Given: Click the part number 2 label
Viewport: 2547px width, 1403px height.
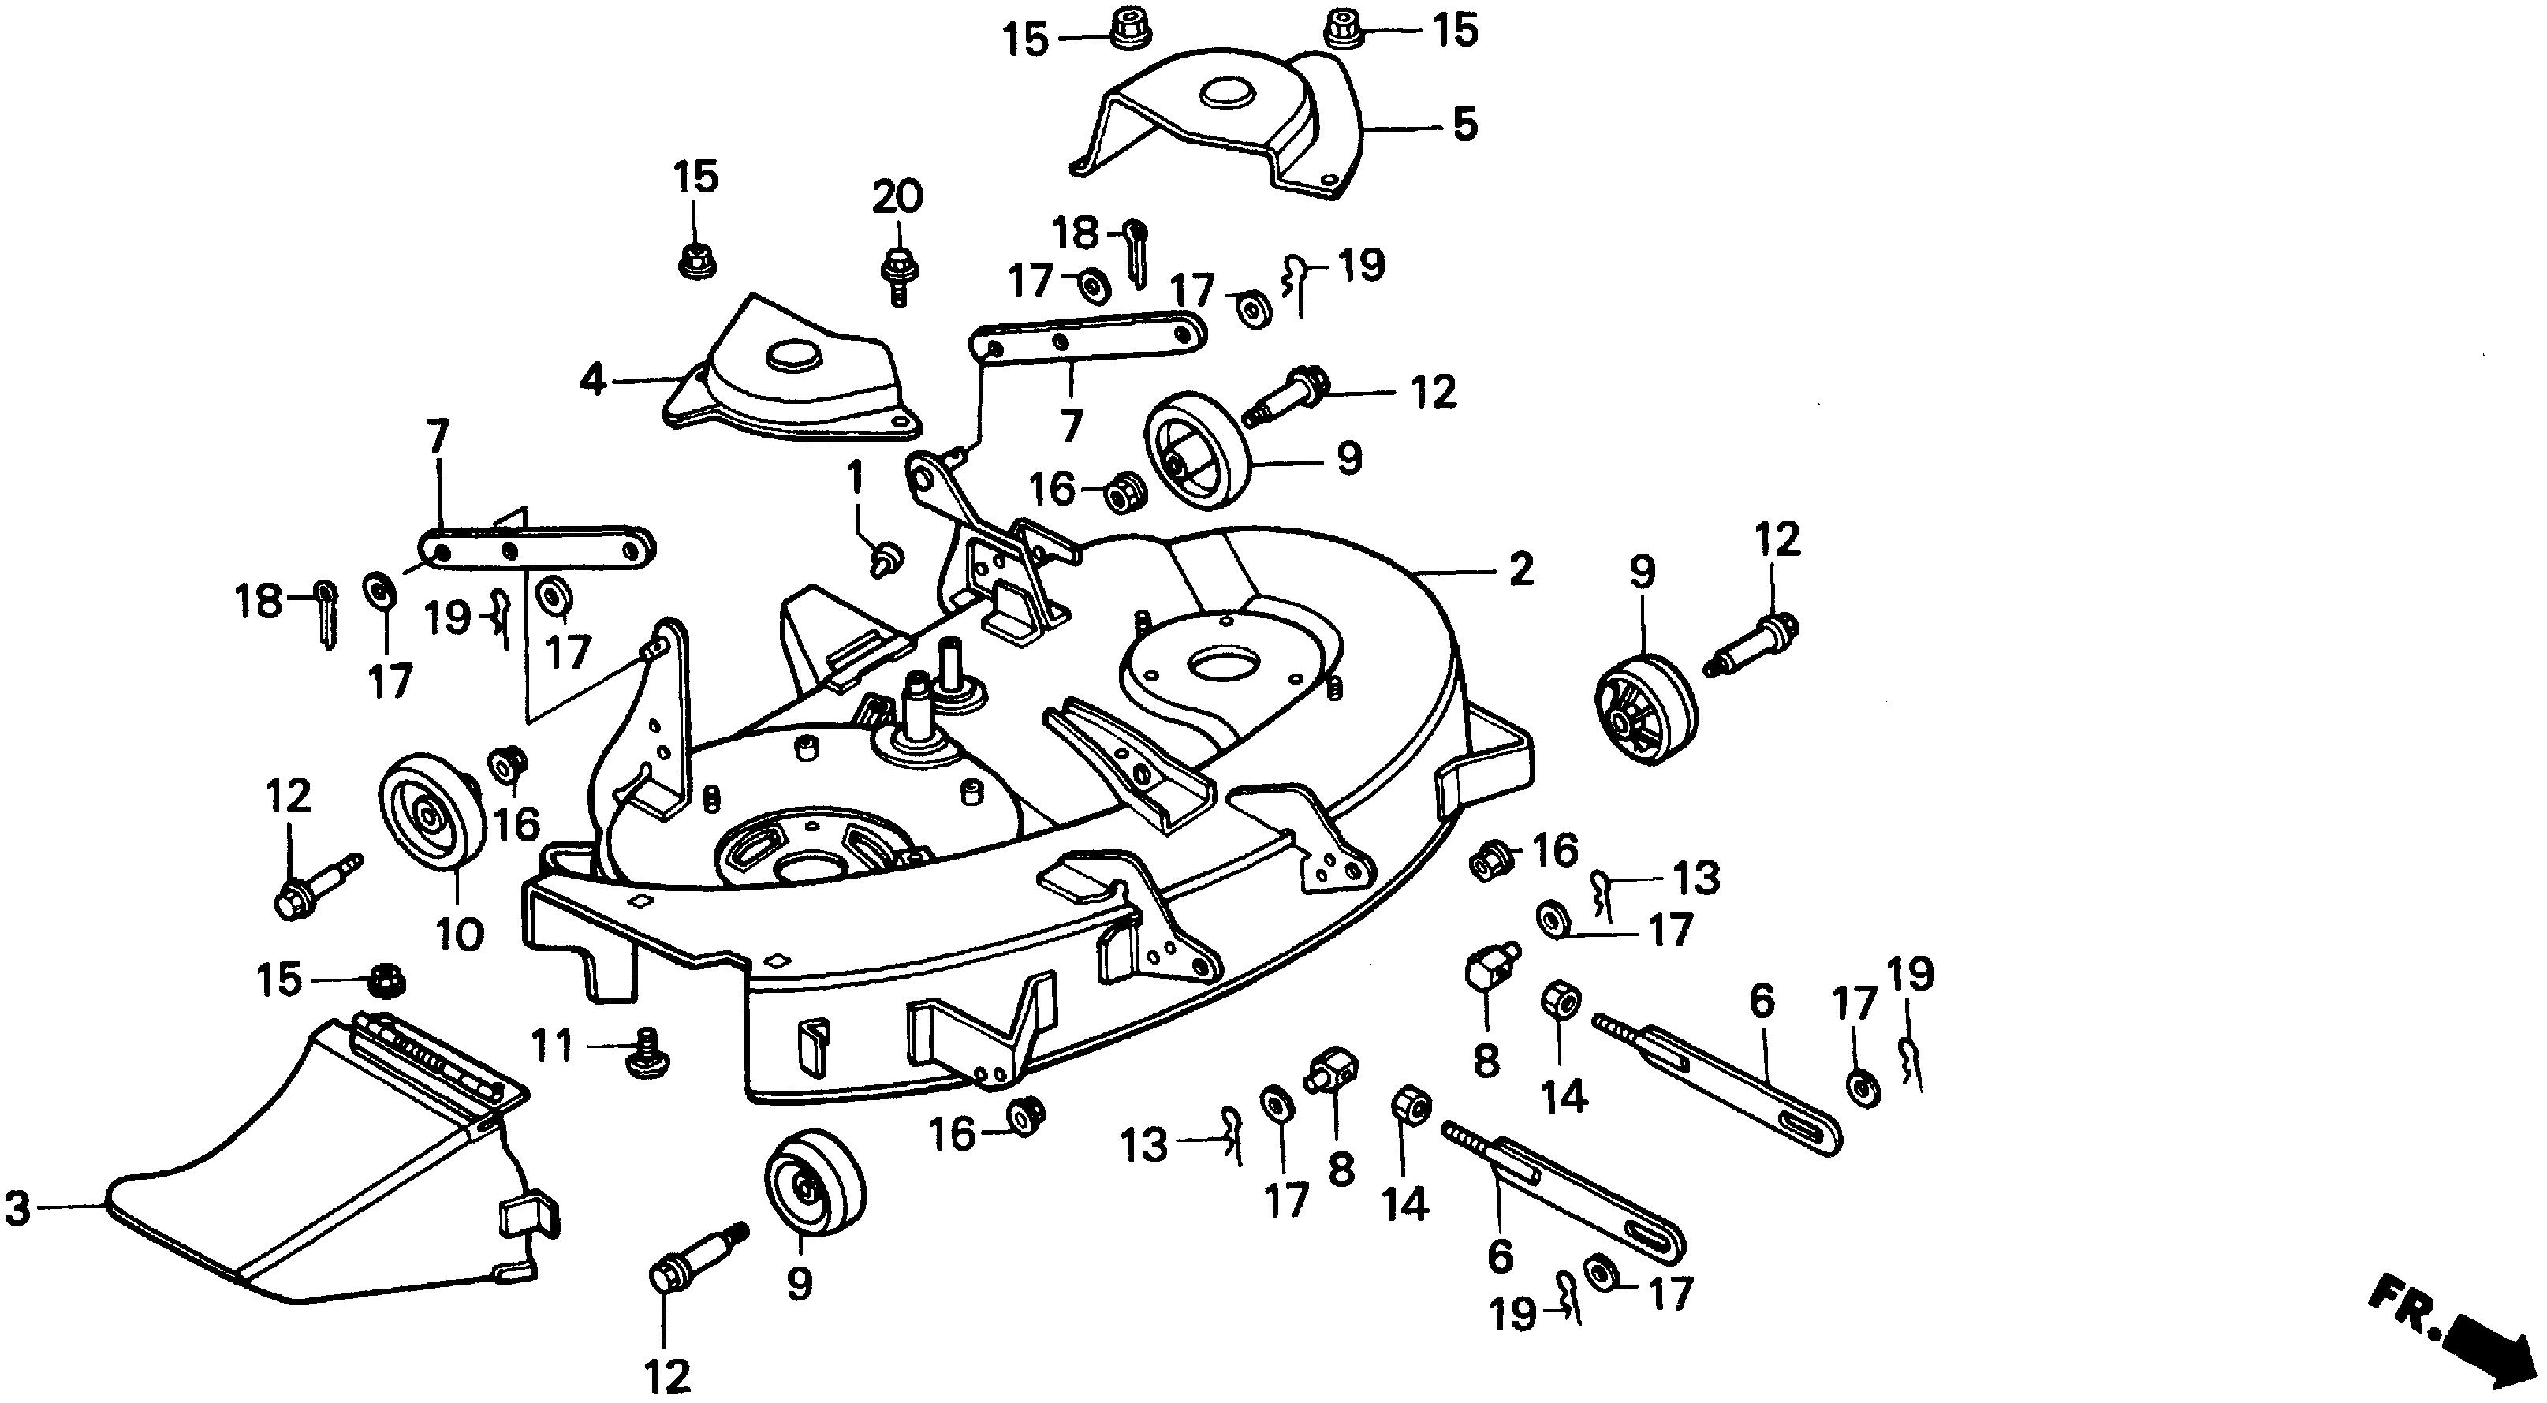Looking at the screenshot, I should (1520, 569).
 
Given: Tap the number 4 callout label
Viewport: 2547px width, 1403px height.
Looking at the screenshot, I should (591, 379).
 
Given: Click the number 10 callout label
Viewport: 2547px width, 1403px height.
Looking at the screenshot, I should (460, 932).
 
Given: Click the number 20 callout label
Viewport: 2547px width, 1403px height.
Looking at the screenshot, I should (897, 196).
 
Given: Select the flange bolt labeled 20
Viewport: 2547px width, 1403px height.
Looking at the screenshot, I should (897, 275).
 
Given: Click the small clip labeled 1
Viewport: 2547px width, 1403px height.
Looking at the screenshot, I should (884, 558).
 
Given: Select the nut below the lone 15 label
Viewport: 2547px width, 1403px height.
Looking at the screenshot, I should (697, 261).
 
